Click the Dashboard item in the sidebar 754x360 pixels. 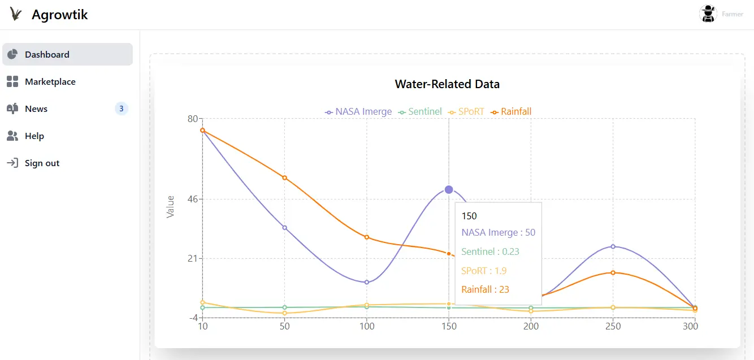coord(47,55)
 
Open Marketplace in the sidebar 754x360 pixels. coord(50,82)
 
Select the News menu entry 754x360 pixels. coord(36,109)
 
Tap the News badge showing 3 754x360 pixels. coord(121,109)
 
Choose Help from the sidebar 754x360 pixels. coord(34,136)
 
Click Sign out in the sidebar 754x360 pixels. coord(42,163)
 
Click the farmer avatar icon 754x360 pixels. coord(708,14)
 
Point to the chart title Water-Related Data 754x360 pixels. coord(447,84)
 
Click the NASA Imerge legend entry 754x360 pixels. coord(358,112)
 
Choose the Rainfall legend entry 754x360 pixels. coord(512,112)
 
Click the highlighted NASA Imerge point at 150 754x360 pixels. coord(449,189)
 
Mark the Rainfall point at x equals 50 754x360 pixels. coord(285,177)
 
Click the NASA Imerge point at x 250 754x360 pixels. coord(613,246)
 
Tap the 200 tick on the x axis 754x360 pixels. coord(531,326)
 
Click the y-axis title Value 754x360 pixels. coord(170,207)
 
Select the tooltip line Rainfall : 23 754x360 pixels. coord(485,289)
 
